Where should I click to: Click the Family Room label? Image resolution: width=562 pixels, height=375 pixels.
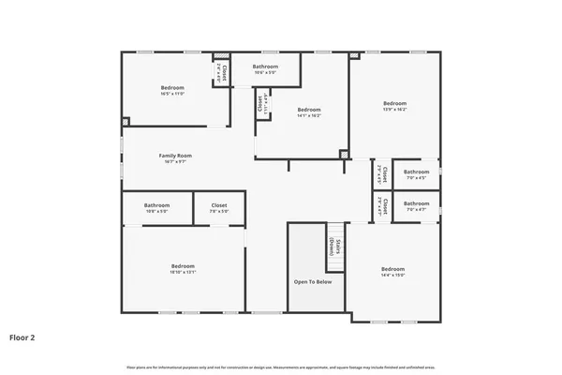coord(174,156)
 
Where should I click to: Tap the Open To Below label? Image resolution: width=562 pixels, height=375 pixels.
coord(312,281)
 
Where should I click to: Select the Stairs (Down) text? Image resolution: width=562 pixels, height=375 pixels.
coord(334,248)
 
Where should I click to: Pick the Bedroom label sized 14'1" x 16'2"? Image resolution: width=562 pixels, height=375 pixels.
coord(309,110)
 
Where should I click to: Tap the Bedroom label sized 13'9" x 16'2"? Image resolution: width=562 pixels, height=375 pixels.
coord(394,103)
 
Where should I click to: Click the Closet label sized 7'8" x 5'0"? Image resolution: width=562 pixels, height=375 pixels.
coord(219,205)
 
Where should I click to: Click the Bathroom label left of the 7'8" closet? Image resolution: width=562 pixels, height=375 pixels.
coord(156,205)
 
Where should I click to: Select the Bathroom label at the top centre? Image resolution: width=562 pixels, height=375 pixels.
coord(265,67)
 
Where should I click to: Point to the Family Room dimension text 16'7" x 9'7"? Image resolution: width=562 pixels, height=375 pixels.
coord(174,162)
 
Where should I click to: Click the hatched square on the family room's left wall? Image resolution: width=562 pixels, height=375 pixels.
coord(126,121)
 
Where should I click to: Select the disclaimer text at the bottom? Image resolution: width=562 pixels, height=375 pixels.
coord(281,366)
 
